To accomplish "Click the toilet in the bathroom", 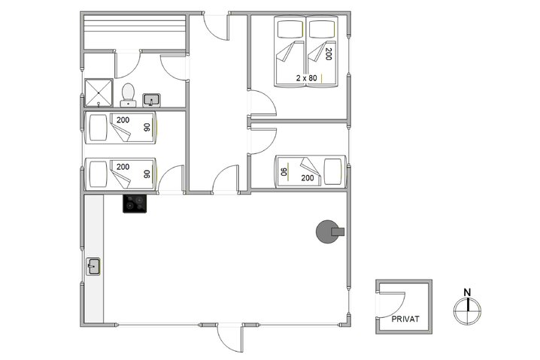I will coord(128,92).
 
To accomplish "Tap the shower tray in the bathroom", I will coord(97,92).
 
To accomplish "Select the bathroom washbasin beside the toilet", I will coord(150,98).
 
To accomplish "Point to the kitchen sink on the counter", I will coord(93,266).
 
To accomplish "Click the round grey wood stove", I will coord(328,231).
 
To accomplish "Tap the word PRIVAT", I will coord(405,318).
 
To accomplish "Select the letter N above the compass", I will coord(467,292).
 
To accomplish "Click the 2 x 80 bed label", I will coord(307,77).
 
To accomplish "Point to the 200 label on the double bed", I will coord(328,54).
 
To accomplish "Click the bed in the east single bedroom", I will coord(311,171).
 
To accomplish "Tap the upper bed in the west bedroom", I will coord(120,129).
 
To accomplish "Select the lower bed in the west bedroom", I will coord(120,175).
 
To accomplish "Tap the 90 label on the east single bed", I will coord(284,172).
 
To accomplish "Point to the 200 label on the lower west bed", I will coord(123,167).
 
